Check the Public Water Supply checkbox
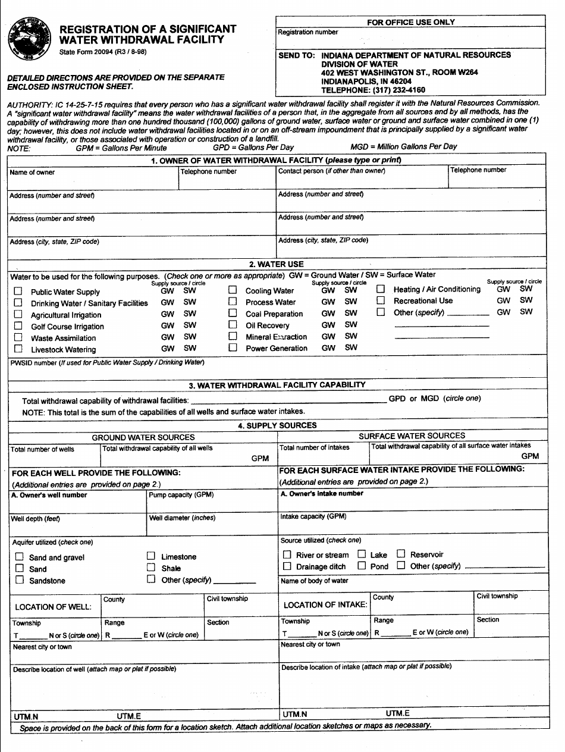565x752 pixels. point(18,292)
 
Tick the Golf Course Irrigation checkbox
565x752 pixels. point(18,326)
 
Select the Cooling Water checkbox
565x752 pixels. point(233,290)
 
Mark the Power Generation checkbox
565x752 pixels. point(233,348)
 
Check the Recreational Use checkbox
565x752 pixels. point(381,300)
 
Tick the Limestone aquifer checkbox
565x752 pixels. point(151,556)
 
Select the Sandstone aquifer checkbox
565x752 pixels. point(20,580)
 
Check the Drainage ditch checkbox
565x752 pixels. point(287,566)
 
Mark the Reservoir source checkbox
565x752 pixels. point(401,554)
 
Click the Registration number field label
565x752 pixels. point(307,32)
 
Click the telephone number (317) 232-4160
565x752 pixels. point(372,90)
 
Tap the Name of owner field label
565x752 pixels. point(32,173)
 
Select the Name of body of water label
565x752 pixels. point(314,581)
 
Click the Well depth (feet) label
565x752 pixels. point(35,519)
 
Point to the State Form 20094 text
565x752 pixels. point(102,52)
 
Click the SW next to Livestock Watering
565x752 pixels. point(190,348)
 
